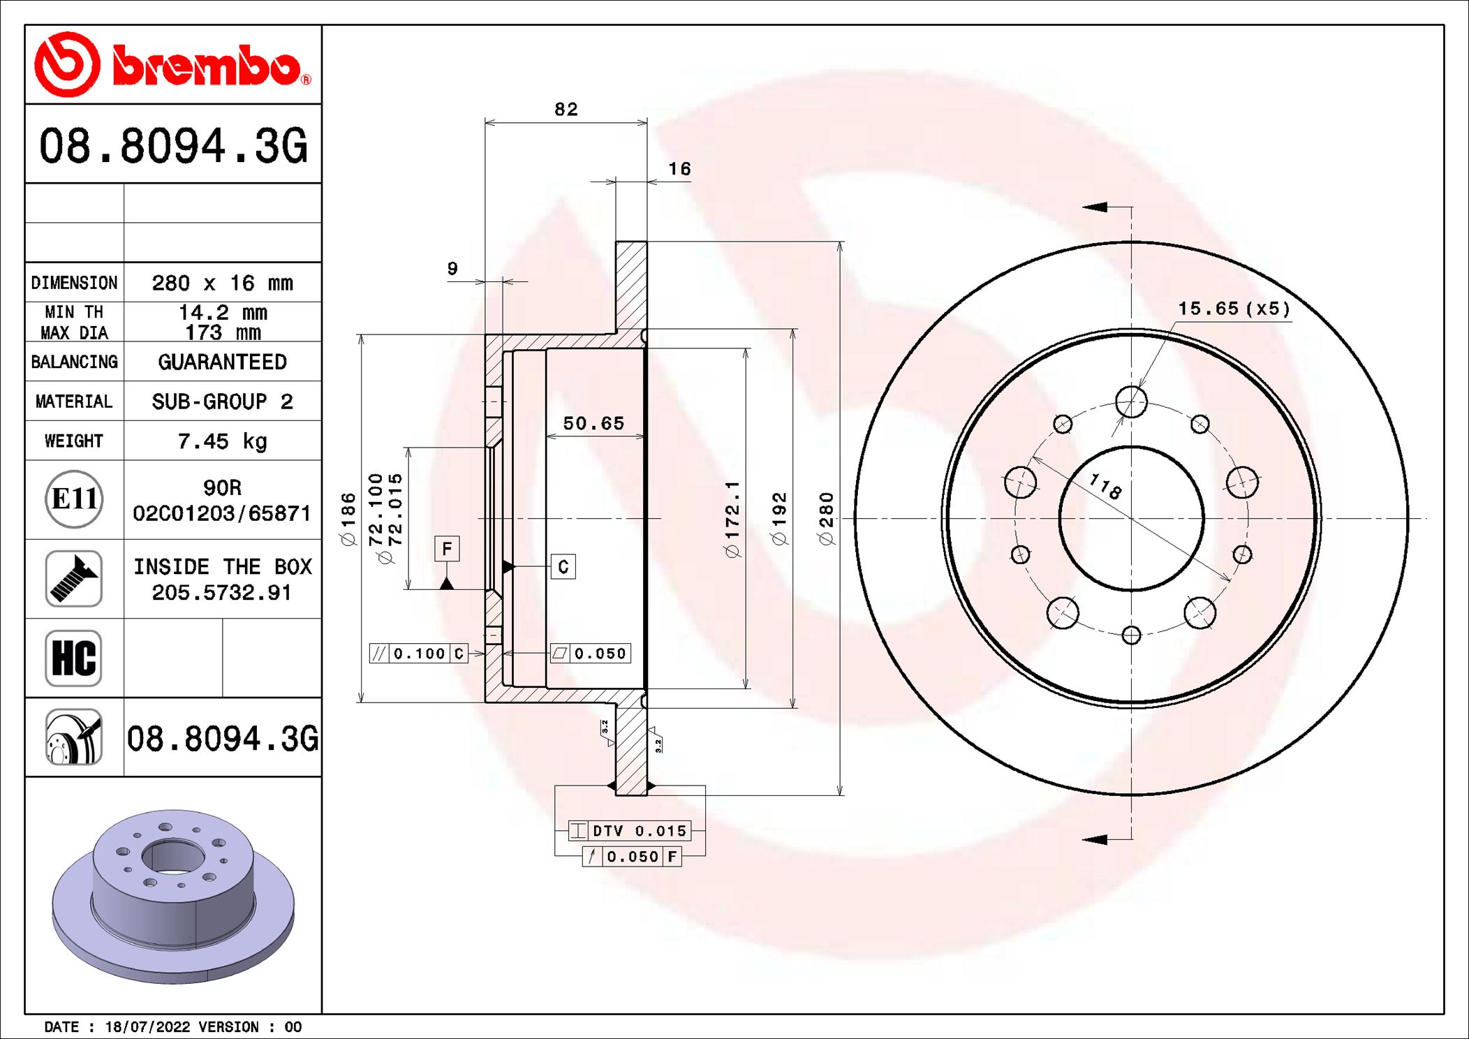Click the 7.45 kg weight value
pos(222,441)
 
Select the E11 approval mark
pos(74,499)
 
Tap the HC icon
pos(73,658)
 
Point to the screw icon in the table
pos(73,578)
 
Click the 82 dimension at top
pos(566,110)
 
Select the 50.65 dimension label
pos(593,424)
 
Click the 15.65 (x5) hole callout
pos(1234,309)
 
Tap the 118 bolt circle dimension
pos(1105,486)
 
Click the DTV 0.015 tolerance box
pos(630,831)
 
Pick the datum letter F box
pos(447,548)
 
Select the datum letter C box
pos(563,566)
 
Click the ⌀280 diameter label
pos(826,518)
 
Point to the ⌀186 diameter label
pos(348,518)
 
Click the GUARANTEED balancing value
pos(222,362)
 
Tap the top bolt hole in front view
pos(1131,401)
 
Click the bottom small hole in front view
pos(1131,635)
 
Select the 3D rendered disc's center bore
pos(172,856)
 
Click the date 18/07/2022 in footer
pos(147,1027)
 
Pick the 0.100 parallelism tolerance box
pos(418,654)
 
